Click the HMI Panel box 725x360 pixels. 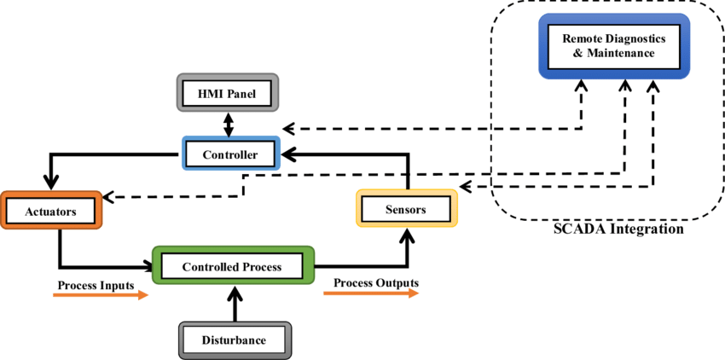(x=228, y=92)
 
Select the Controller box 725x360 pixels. (x=230, y=154)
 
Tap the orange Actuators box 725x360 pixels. (x=51, y=210)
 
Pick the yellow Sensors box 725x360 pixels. (x=406, y=208)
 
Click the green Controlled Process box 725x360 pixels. (x=232, y=266)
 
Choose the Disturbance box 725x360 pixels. (x=234, y=340)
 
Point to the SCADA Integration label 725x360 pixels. (x=618, y=229)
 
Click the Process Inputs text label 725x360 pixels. (x=96, y=285)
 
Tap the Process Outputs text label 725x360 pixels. (x=376, y=283)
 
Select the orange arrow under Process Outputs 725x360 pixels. (x=371, y=293)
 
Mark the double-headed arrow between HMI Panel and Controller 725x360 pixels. (x=228, y=125)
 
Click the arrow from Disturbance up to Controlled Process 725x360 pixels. (x=233, y=304)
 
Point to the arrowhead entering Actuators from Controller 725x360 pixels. (x=51, y=183)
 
